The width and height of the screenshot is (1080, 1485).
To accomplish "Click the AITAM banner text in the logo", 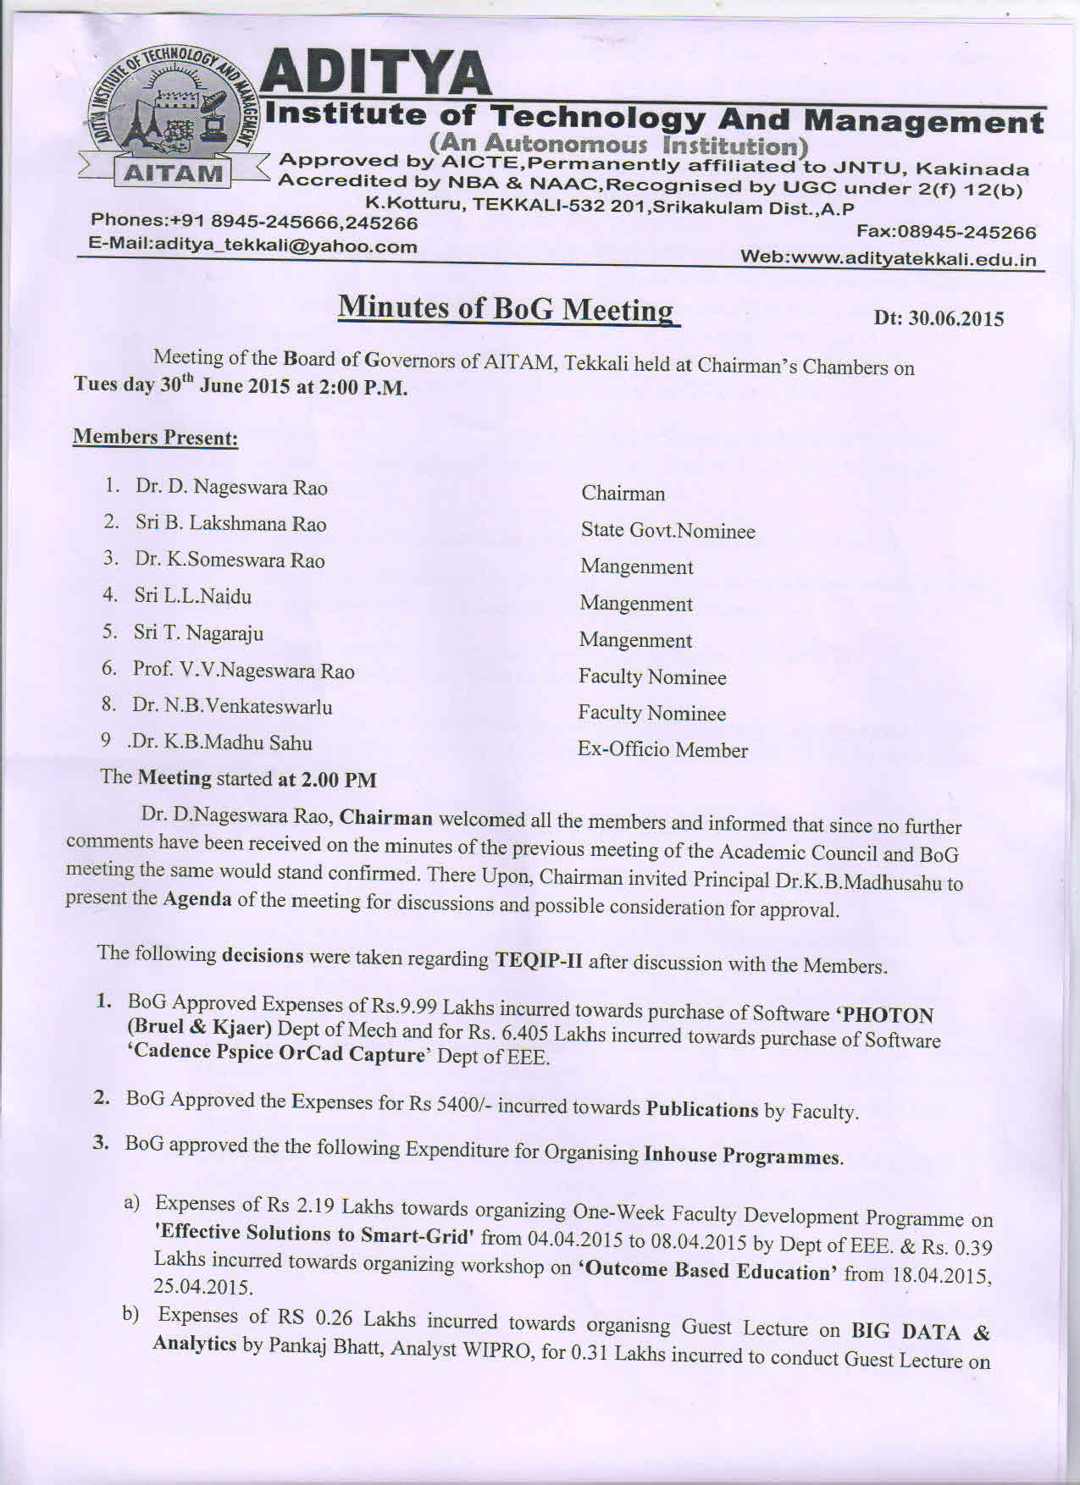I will [x=173, y=174].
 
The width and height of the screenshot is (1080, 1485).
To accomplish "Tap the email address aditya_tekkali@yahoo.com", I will [x=253, y=246].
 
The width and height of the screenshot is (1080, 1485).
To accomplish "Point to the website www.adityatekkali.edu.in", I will [x=889, y=258].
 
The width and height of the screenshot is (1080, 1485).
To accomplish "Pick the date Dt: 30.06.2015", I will [x=939, y=319].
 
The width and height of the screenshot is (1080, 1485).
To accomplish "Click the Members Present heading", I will [x=155, y=437].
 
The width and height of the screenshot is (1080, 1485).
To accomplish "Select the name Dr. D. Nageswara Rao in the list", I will [x=231, y=487].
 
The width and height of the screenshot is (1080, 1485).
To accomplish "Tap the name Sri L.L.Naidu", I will [x=192, y=596].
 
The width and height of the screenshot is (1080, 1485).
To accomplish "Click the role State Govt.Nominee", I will [x=667, y=531].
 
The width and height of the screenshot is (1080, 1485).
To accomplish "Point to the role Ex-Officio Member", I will [x=662, y=750].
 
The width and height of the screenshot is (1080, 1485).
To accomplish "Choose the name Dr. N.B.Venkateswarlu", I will [x=232, y=706].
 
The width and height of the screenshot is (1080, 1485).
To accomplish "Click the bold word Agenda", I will [x=197, y=898].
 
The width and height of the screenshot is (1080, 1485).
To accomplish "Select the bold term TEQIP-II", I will [x=539, y=960].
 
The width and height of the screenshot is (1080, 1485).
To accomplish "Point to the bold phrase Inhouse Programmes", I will [x=742, y=1156].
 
